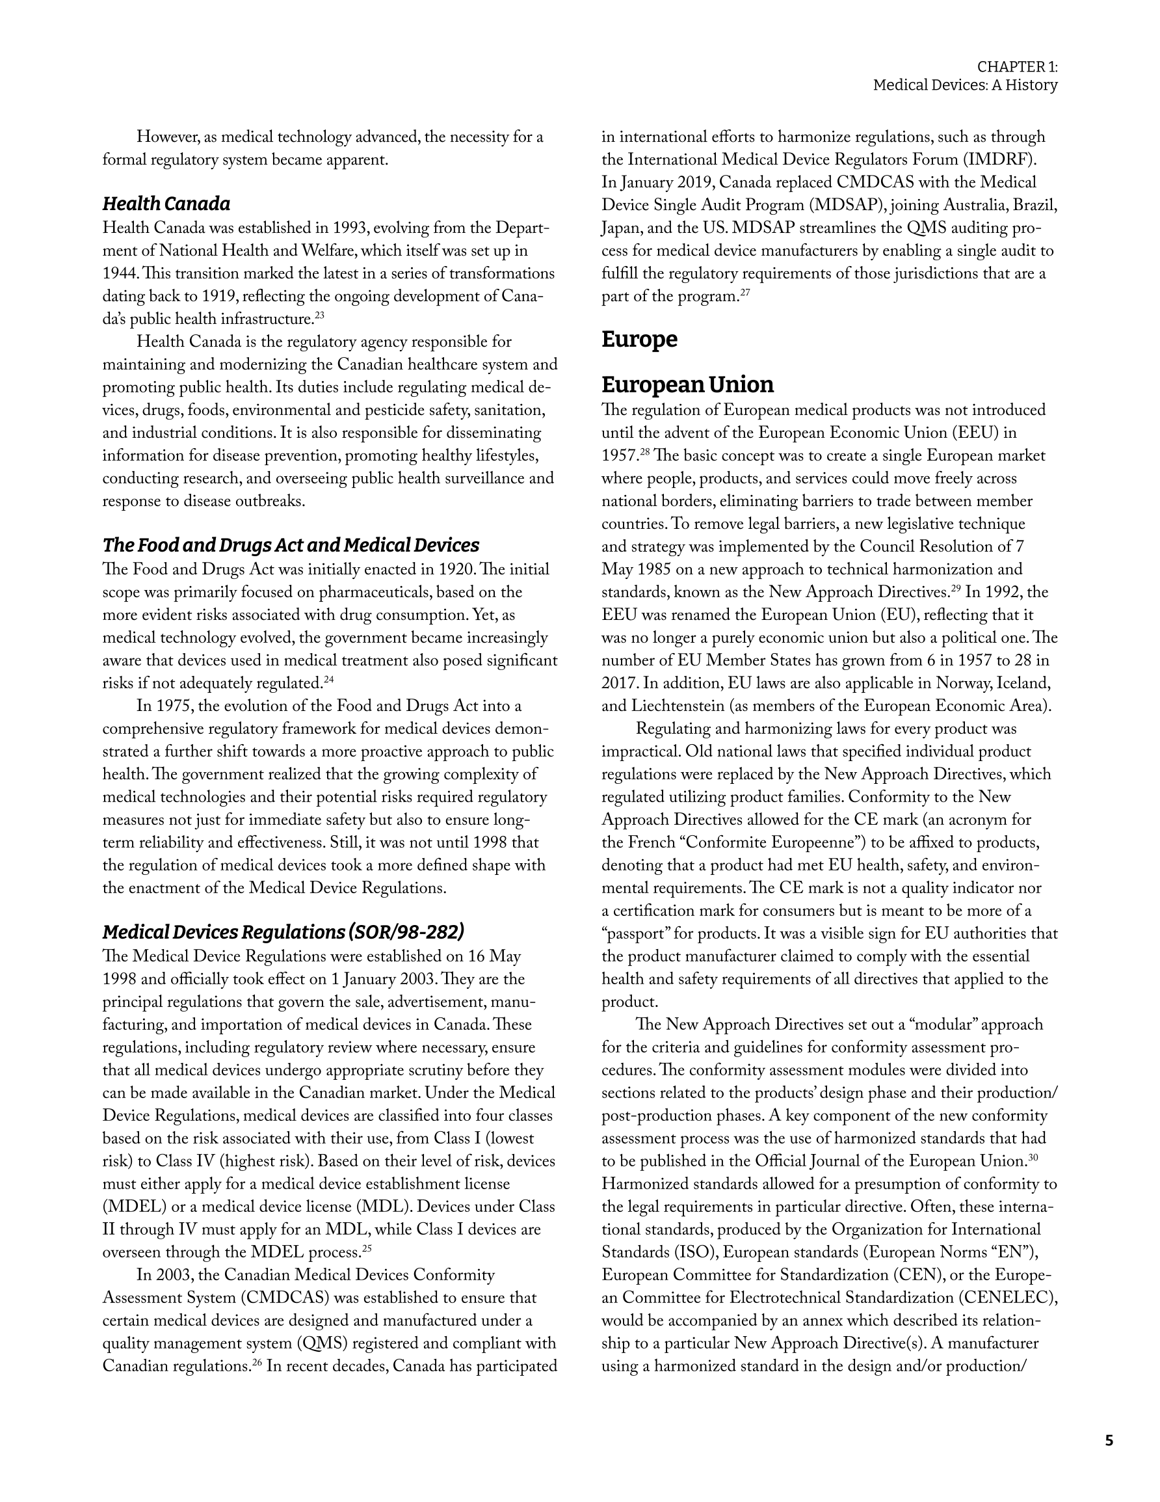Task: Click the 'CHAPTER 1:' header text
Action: [x=1017, y=67]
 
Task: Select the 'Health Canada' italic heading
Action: [x=166, y=204]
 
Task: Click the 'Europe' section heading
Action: [x=639, y=340]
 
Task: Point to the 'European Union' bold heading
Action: [x=687, y=384]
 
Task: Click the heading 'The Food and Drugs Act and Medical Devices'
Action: [x=290, y=545]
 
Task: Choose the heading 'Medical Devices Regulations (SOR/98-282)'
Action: [x=283, y=932]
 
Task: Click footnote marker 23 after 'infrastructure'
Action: [x=320, y=316]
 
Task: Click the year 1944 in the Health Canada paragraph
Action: [x=118, y=274]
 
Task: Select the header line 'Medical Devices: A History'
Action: [x=965, y=85]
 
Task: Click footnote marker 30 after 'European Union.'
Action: [x=1032, y=1158]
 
